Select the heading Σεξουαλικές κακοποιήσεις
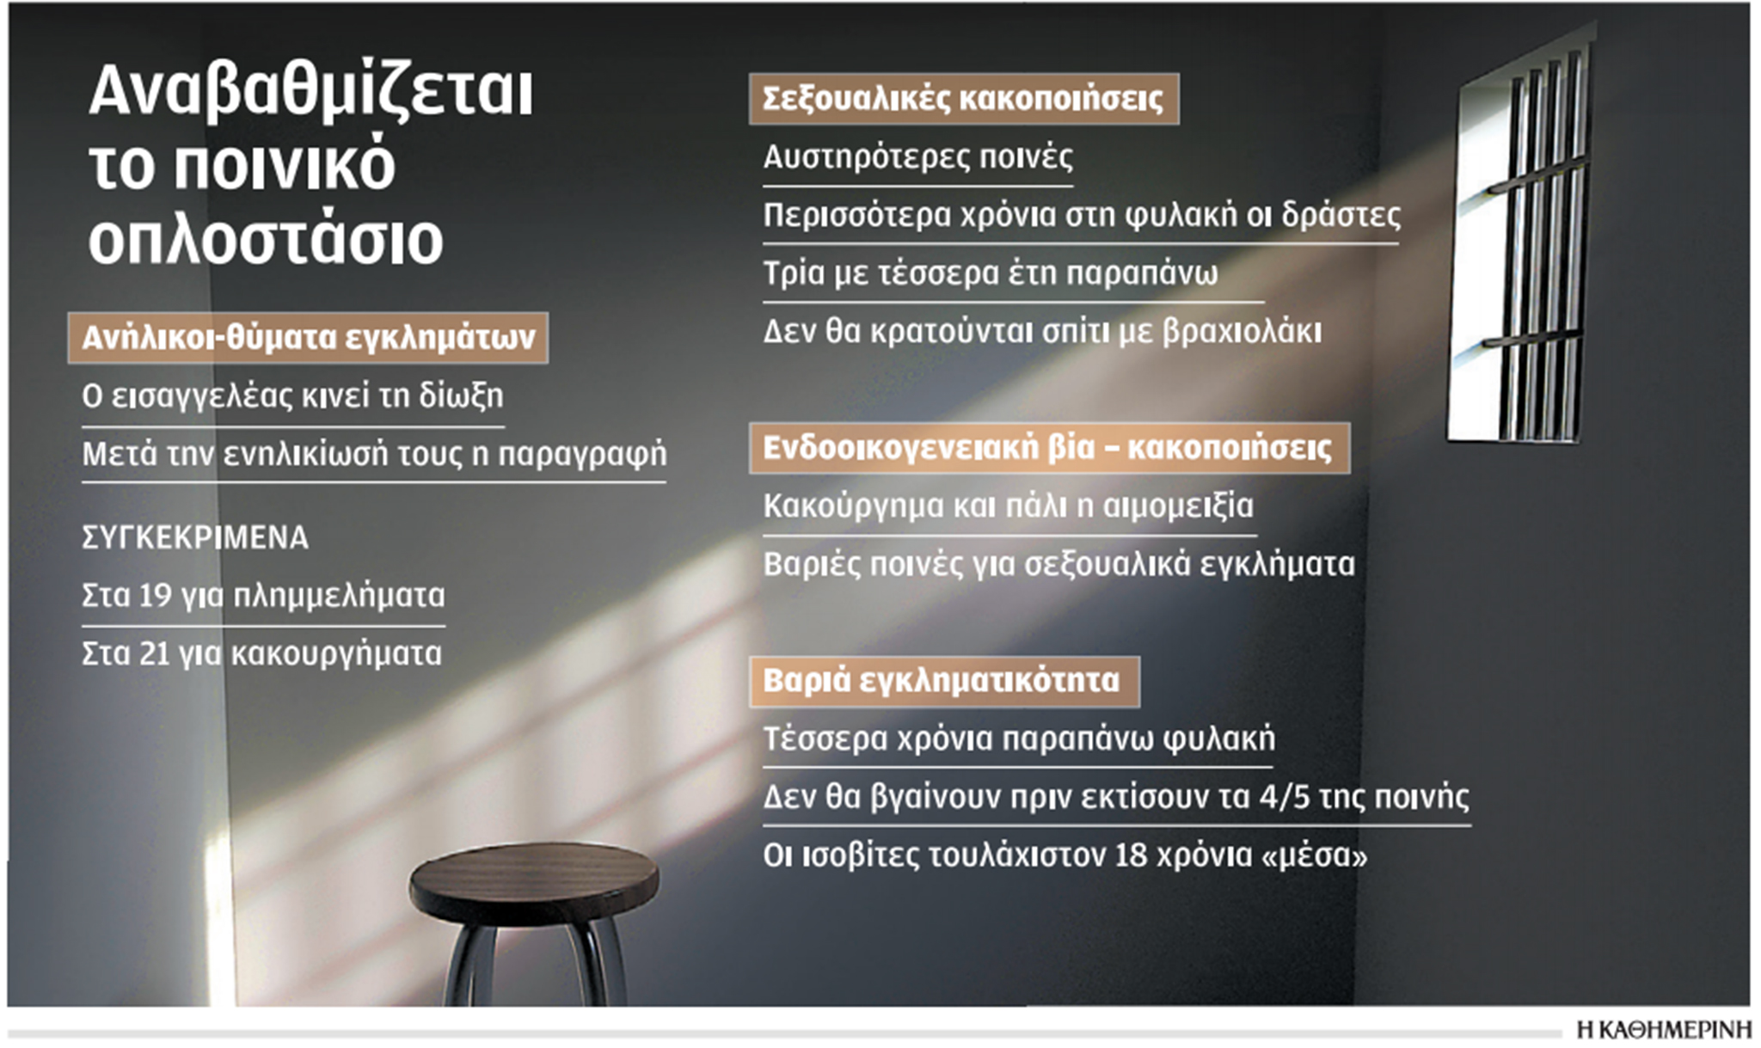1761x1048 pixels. coord(963,99)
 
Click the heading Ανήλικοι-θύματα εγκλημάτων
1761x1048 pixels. coord(308,337)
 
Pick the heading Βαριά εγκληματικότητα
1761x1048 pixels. coord(942,682)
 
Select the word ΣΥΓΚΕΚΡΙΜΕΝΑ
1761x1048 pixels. coord(195,538)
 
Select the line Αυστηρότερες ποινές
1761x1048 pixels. coord(917,157)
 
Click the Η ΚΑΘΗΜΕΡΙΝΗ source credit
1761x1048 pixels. coord(1664,1030)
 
